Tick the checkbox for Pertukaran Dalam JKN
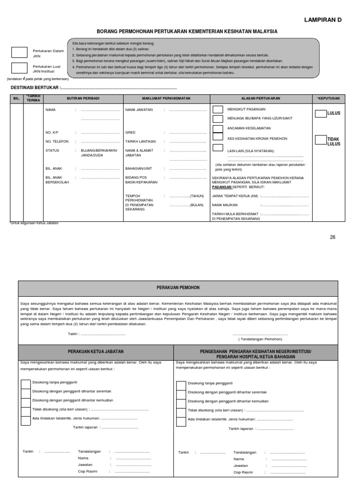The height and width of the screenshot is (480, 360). (x=19, y=52)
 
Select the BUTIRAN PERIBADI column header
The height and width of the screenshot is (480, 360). (x=73, y=98)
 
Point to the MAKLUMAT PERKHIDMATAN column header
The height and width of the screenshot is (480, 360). (x=166, y=98)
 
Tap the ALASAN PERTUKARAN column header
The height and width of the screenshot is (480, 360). (x=261, y=98)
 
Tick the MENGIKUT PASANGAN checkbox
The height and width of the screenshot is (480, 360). (x=218, y=109)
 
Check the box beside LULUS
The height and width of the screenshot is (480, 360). (x=321, y=113)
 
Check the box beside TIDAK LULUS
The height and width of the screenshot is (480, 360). (x=321, y=139)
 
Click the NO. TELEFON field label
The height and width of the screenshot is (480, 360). (x=57, y=141)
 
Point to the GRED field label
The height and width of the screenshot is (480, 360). (x=130, y=133)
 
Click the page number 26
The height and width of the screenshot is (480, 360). (x=333, y=237)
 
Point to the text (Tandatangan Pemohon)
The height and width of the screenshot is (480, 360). (x=260, y=338)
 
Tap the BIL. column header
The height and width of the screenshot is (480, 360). (x=17, y=98)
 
